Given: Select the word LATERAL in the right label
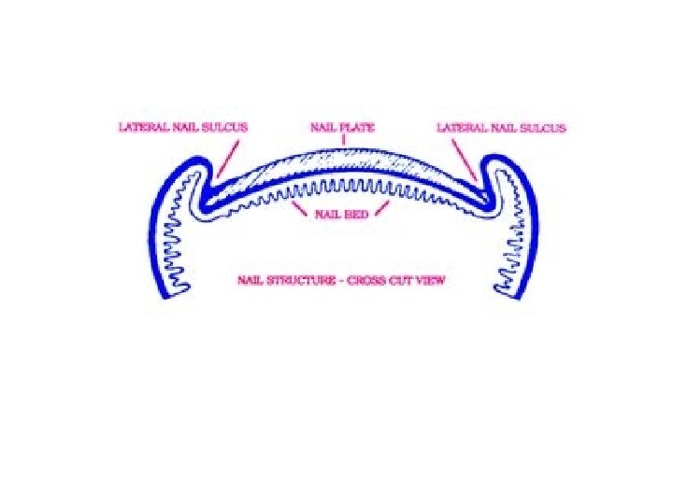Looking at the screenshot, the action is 458,127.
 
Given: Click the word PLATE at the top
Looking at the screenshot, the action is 356,127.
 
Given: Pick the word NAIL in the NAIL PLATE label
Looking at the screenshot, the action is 322,127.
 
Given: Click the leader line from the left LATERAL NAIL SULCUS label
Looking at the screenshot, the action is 228,153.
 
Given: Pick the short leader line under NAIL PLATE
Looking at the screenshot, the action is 342,141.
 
